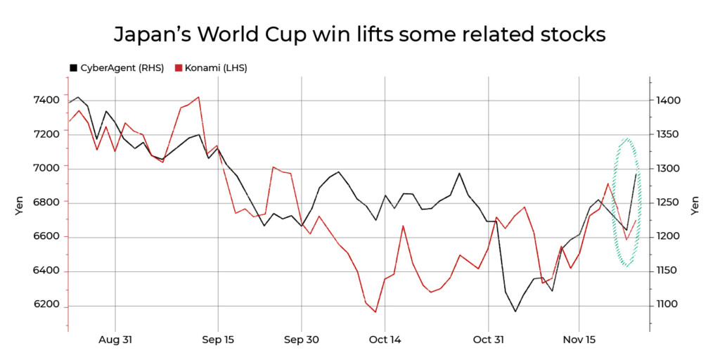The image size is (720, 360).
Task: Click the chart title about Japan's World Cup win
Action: (x=359, y=34)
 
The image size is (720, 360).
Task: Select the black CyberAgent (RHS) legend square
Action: (x=73, y=68)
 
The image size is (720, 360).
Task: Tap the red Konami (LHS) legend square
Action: (x=179, y=68)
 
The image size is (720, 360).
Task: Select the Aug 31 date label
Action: (x=115, y=340)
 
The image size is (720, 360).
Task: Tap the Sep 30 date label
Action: (x=302, y=340)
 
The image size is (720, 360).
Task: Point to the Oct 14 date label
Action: (x=385, y=340)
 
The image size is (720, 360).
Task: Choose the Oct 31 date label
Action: (x=488, y=340)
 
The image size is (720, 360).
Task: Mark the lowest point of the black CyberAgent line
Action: (x=515, y=311)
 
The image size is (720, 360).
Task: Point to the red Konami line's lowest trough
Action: (x=375, y=312)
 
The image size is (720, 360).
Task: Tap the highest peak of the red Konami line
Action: (x=199, y=97)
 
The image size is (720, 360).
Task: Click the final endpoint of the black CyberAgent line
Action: (x=636, y=174)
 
